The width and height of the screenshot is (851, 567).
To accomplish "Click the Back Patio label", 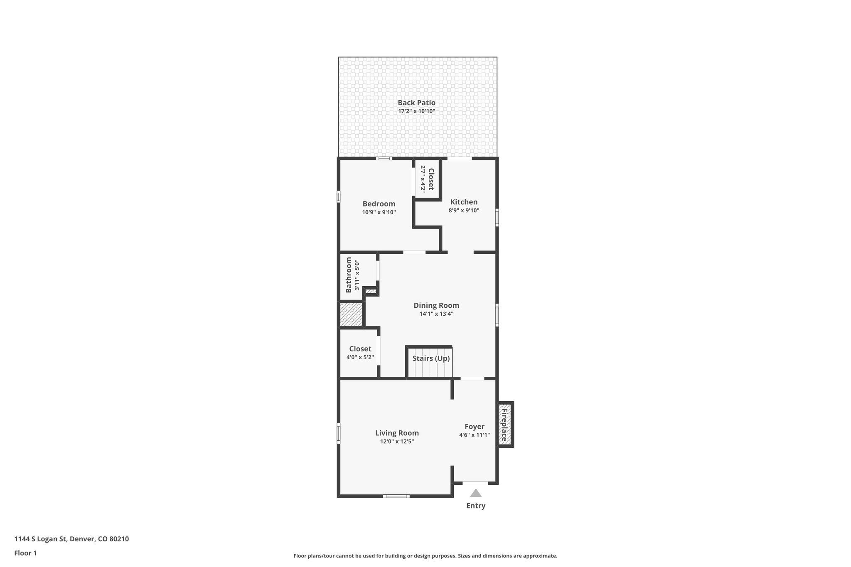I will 416,103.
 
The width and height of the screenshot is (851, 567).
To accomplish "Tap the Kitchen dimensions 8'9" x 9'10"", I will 464,211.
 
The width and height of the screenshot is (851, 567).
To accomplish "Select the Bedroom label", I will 379,204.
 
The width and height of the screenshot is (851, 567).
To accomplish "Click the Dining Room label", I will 436,305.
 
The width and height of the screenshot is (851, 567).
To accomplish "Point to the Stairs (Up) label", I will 431,358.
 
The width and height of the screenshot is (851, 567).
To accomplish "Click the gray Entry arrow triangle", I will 476,493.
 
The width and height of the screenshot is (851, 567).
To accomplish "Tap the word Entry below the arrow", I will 476,506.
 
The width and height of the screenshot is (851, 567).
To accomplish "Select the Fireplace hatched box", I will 505,424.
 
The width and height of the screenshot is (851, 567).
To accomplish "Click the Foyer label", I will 474,427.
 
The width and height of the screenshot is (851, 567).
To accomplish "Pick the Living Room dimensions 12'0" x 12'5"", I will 397,442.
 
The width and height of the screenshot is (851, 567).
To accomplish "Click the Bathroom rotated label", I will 349,275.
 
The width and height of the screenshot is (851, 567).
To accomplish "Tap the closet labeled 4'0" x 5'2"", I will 360,353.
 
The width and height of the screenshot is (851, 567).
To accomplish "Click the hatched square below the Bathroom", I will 351,314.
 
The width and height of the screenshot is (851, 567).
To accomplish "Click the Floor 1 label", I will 25,553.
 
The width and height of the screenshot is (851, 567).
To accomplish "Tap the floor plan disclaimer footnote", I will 425,556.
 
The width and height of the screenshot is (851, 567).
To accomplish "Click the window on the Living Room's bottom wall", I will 396,496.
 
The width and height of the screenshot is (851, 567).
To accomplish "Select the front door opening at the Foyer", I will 475,483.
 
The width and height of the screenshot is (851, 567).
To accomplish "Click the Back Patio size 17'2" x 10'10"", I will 416,111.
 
